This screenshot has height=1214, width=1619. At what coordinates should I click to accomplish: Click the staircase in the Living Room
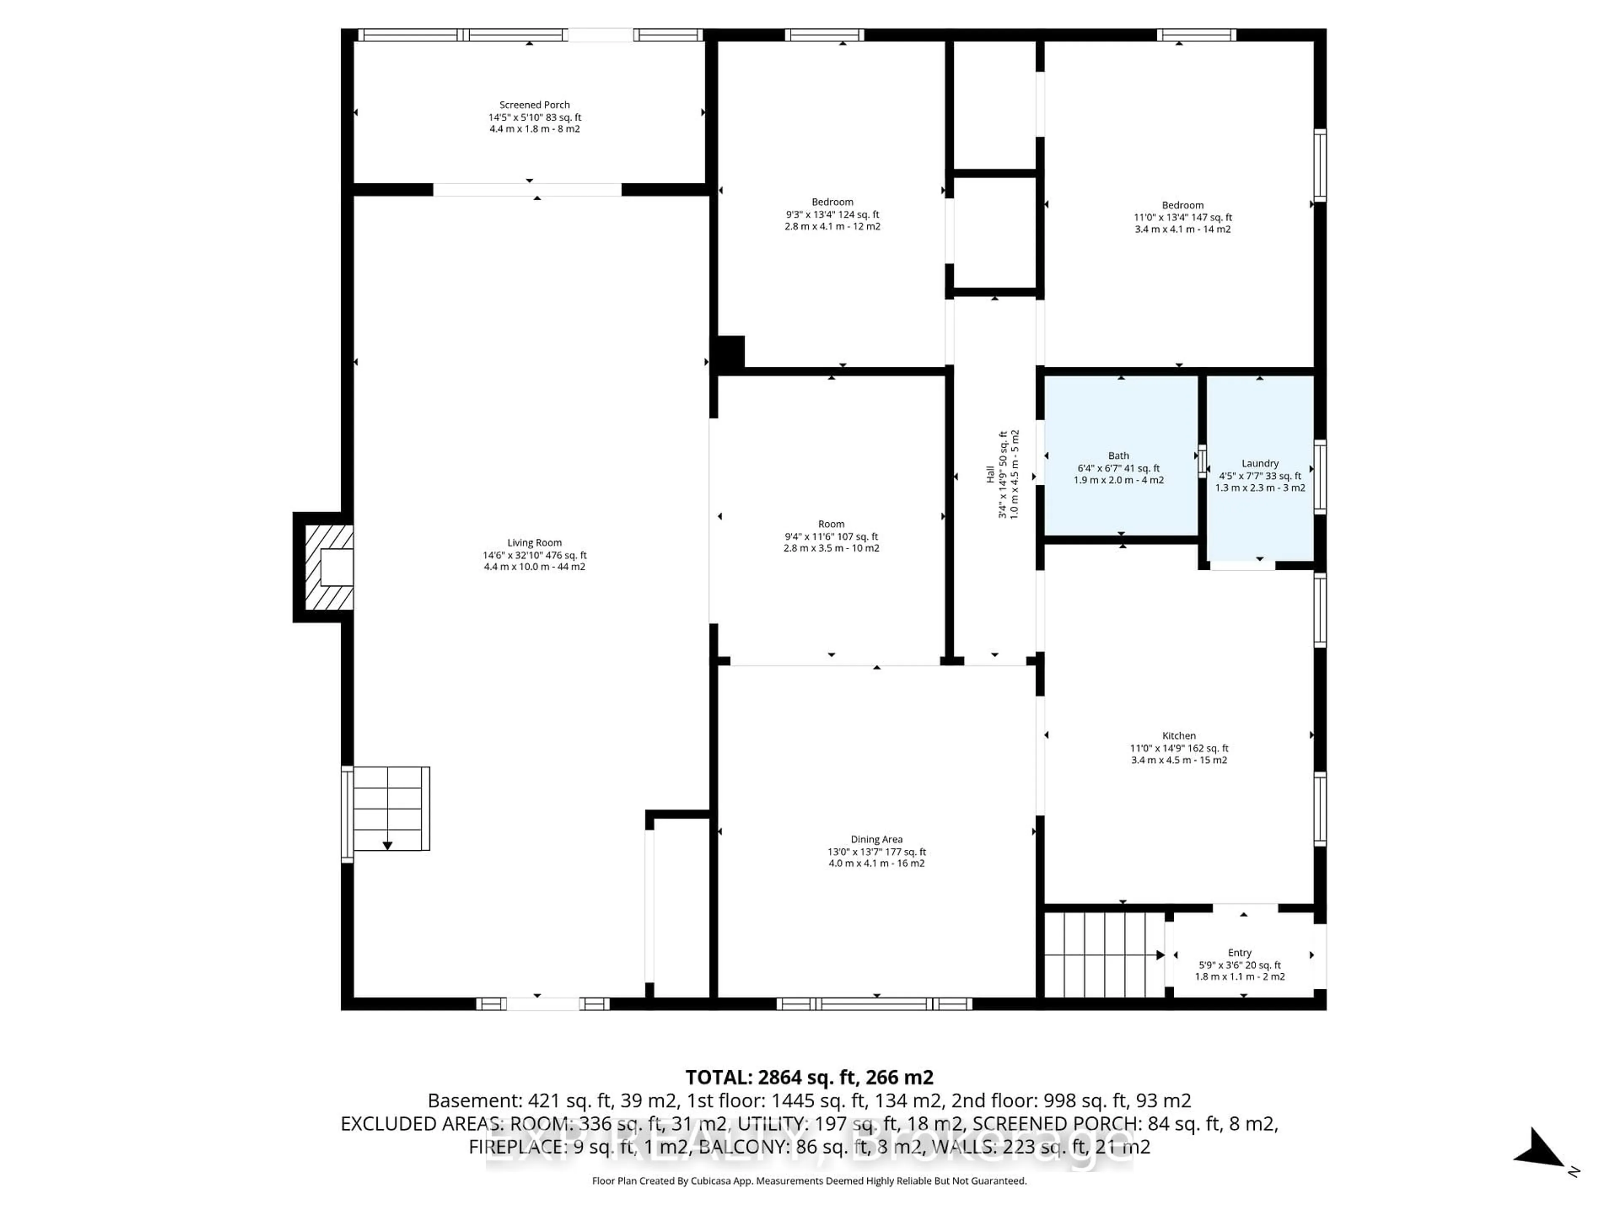pos(388,808)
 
